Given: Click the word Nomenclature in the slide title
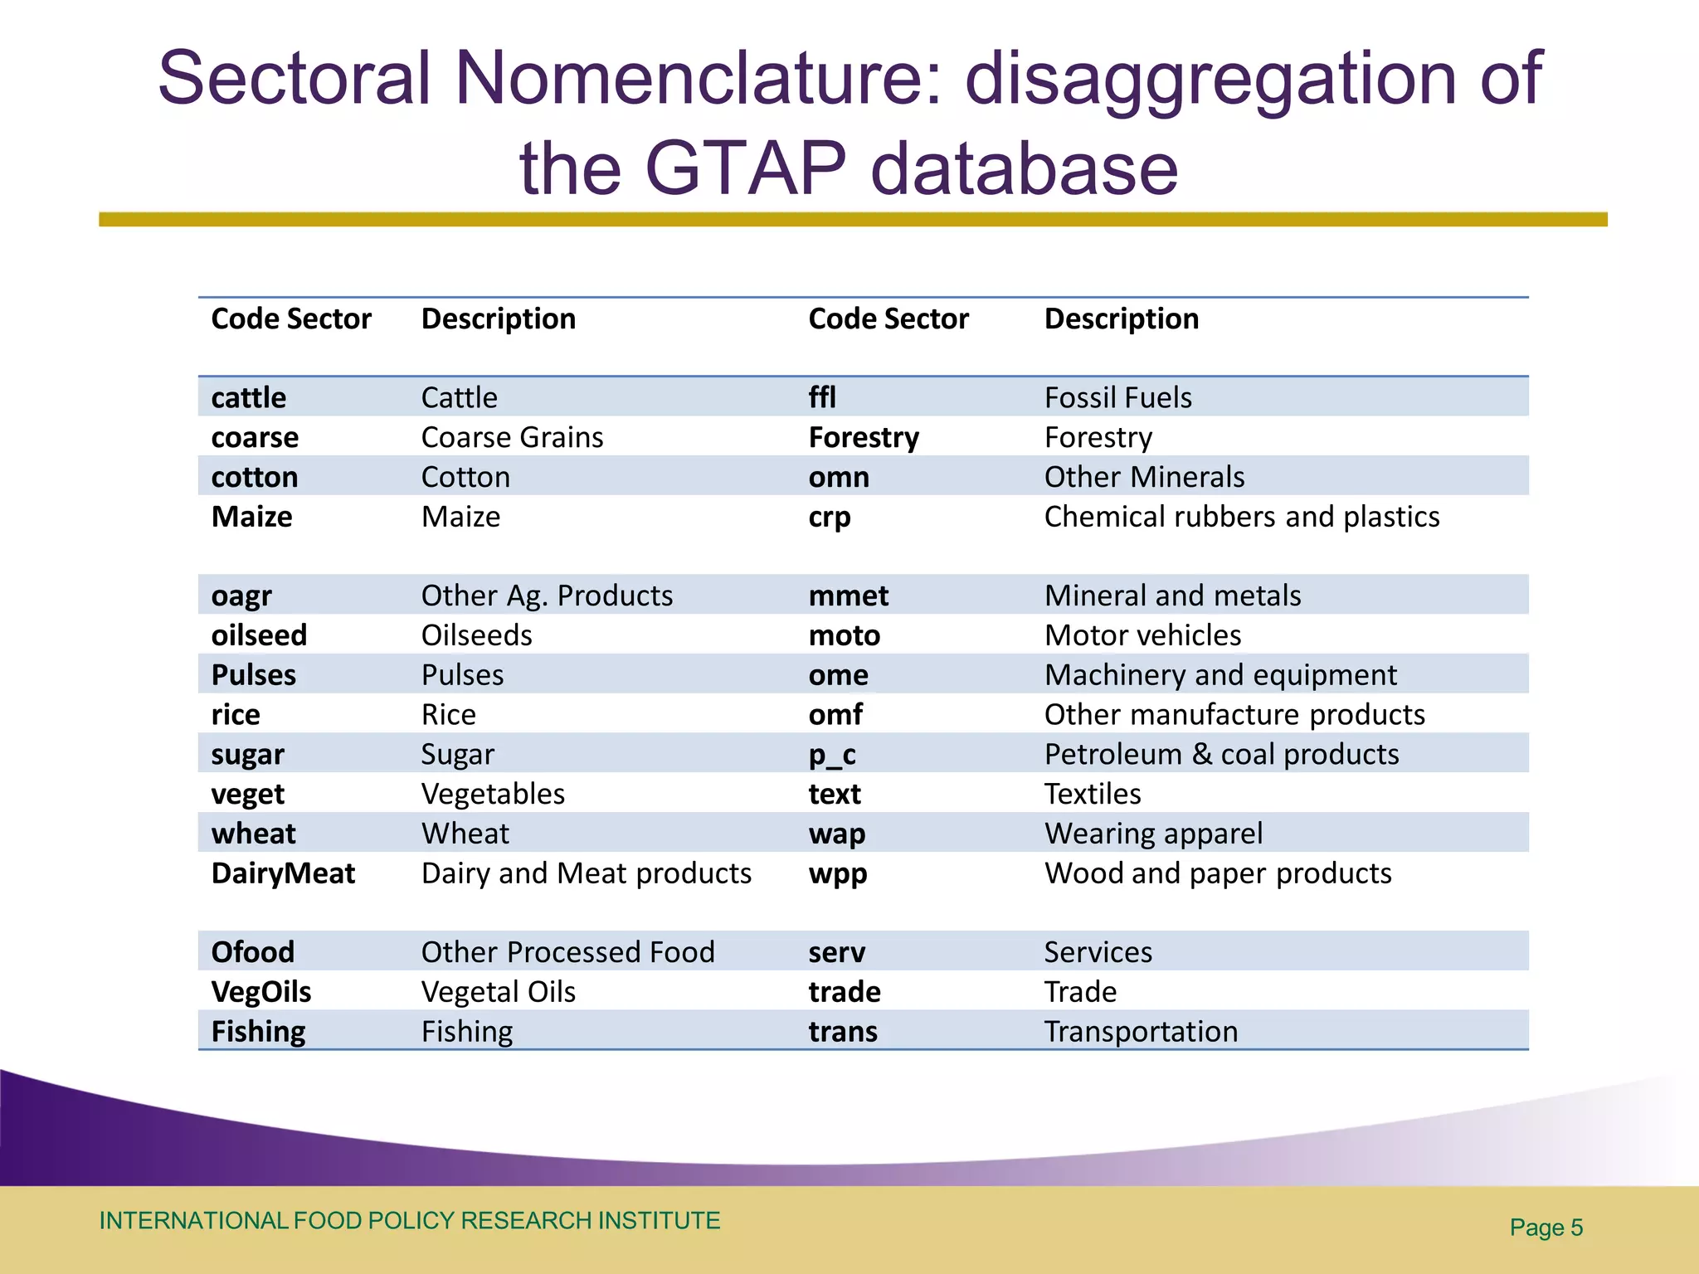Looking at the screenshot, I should (699, 79).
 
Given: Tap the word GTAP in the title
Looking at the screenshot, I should (745, 168).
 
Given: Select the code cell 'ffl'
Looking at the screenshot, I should (822, 397).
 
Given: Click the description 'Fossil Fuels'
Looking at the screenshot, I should (1117, 397).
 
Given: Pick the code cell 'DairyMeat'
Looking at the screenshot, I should (283, 873).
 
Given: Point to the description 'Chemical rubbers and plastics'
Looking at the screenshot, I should (1241, 517).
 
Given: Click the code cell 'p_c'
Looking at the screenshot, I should (831, 754).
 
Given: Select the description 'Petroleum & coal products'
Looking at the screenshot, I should (1221, 754).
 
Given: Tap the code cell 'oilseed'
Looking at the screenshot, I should (259, 635).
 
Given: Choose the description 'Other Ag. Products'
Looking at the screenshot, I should (547, 596).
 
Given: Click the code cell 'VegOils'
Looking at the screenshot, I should (261, 992).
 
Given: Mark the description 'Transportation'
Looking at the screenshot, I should (1141, 1032).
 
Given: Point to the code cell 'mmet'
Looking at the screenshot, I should (848, 596).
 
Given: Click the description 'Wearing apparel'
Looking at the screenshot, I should (1153, 834).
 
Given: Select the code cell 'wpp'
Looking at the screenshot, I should (837, 873).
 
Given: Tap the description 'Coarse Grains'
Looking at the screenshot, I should (512, 437).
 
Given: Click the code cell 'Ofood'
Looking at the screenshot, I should (252, 952).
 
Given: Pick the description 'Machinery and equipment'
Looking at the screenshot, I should (1220, 675).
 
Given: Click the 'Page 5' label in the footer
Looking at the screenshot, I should (1546, 1228).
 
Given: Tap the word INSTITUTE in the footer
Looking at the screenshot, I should (659, 1221).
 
